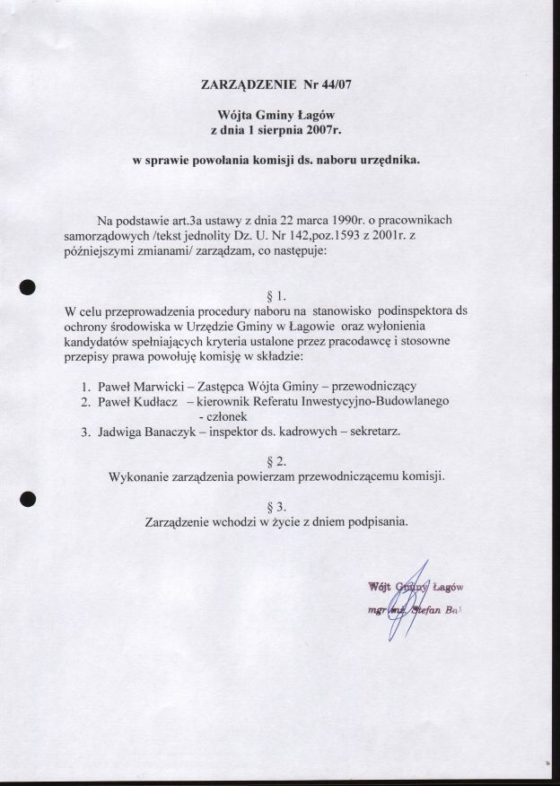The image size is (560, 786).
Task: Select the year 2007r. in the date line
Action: [x=323, y=131]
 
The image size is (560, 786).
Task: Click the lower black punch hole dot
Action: [x=28, y=499]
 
